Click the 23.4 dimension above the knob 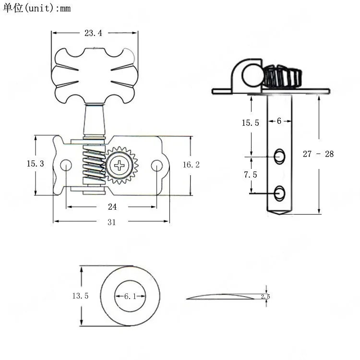tap(93, 33)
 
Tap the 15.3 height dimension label tap(35, 164)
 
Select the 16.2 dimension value tap(191, 165)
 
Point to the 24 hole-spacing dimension tap(111, 206)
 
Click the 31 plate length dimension tap(111, 222)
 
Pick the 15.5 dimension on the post tap(250, 123)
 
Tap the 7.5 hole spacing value tap(250, 175)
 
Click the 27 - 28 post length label tap(318, 154)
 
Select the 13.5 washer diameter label tap(81, 296)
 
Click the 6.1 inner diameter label tap(131, 297)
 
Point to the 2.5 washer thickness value tap(265, 297)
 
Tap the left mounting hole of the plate tap(66, 165)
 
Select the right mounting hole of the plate tap(156, 166)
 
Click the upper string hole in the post tap(279, 156)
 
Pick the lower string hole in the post tap(279, 192)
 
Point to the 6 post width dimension tap(279, 121)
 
